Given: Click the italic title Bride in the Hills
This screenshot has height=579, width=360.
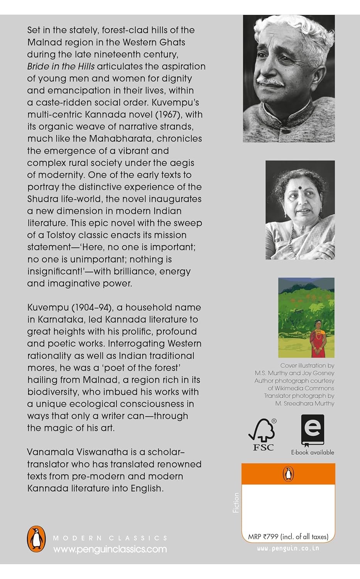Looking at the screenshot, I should click(61, 66).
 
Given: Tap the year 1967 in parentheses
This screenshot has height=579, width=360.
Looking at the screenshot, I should click(165, 115).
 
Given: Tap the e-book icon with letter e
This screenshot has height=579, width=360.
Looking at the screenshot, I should click(312, 430).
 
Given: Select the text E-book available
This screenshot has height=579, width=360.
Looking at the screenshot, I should click(313, 452).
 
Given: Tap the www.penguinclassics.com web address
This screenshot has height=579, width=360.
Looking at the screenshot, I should click(110, 549).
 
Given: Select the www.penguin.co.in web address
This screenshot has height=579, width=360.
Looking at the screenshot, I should click(288, 548).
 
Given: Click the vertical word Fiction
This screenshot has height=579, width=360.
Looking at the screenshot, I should click(236, 502).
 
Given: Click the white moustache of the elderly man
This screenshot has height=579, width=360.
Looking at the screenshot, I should click(272, 81).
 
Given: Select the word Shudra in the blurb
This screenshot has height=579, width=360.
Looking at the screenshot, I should click(44, 199).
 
